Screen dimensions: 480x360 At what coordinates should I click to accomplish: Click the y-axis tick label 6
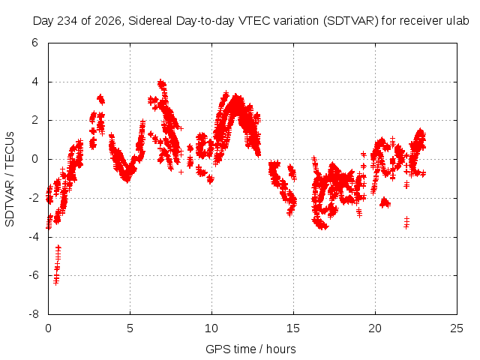point(34,43)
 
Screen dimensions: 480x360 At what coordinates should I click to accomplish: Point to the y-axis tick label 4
point(34,82)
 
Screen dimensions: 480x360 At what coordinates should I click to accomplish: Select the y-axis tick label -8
point(33,314)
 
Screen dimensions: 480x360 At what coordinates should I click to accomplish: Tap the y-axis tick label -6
point(33,275)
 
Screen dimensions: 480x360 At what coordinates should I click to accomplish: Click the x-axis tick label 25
point(457,328)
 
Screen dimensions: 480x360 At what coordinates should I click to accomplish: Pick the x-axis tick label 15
point(293,328)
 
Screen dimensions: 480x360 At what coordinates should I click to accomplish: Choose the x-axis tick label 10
point(211,328)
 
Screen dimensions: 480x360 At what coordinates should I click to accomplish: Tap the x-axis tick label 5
point(130,328)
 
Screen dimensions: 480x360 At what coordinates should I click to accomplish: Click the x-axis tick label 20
point(375,328)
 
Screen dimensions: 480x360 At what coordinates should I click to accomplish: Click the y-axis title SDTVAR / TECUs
point(10,178)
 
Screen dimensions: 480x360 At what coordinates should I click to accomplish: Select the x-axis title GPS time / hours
point(250,349)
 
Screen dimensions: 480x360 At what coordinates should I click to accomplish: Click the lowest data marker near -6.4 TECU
point(56,282)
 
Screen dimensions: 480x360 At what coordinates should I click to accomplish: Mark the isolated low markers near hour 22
point(406,223)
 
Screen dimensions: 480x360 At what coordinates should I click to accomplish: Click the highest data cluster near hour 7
point(162,83)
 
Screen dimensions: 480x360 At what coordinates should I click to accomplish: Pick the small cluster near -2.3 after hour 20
point(385,202)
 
